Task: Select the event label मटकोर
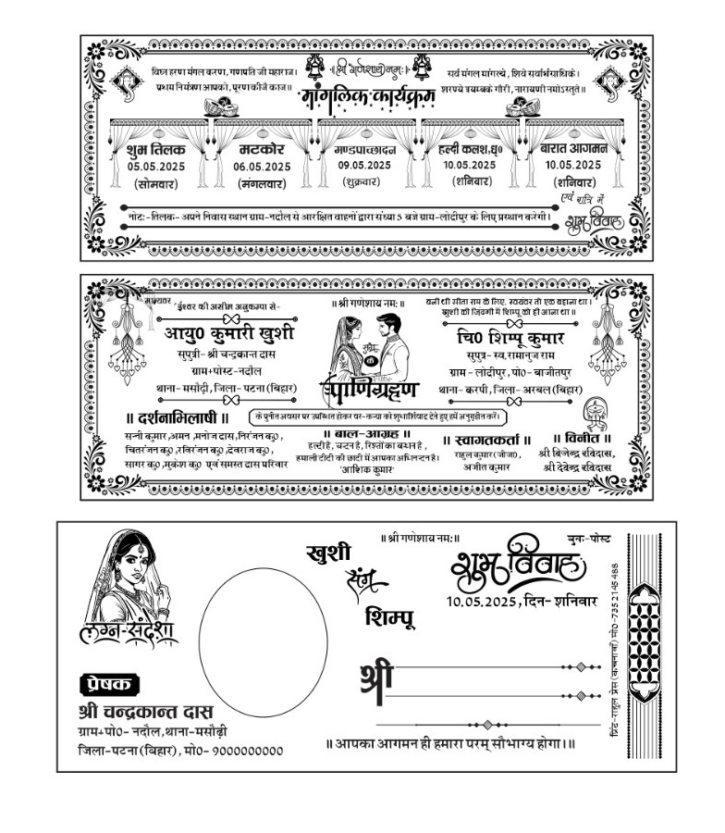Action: click(x=262, y=148)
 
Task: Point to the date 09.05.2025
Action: click(x=363, y=165)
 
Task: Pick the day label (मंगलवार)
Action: click(x=262, y=184)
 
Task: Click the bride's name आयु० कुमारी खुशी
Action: click(x=229, y=334)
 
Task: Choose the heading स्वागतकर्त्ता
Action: click(x=488, y=441)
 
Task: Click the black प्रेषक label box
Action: click(x=111, y=684)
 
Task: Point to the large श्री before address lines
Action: click(x=375, y=678)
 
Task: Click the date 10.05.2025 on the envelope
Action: click(x=483, y=601)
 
